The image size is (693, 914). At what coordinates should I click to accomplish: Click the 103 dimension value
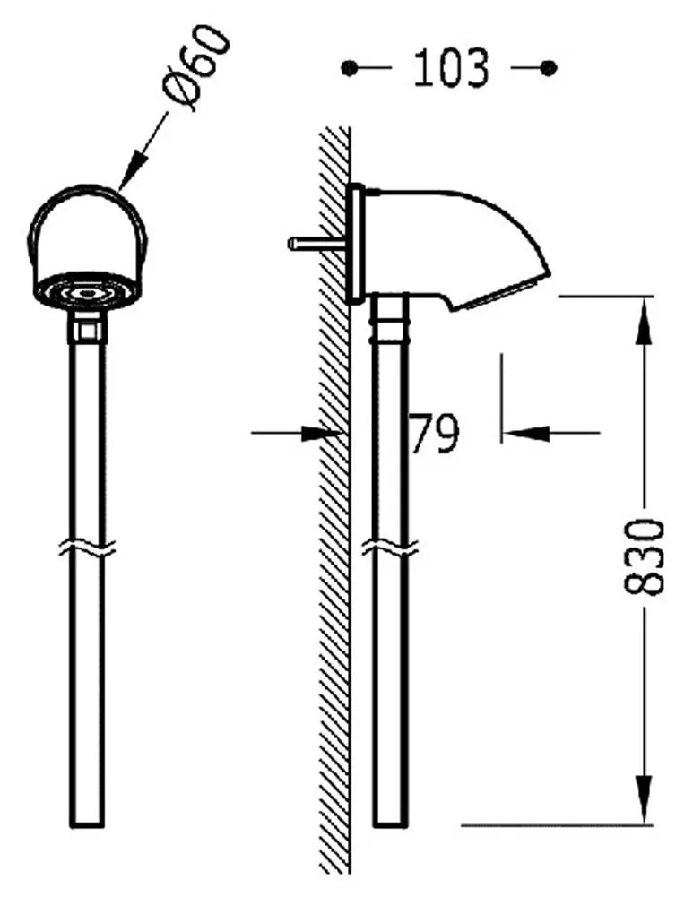pyautogui.click(x=451, y=69)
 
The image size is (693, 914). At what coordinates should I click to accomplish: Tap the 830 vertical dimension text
pyautogui.click(x=644, y=556)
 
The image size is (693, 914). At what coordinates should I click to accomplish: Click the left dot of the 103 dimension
pyautogui.click(x=349, y=68)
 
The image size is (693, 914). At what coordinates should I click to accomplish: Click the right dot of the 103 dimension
pyautogui.click(x=549, y=68)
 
